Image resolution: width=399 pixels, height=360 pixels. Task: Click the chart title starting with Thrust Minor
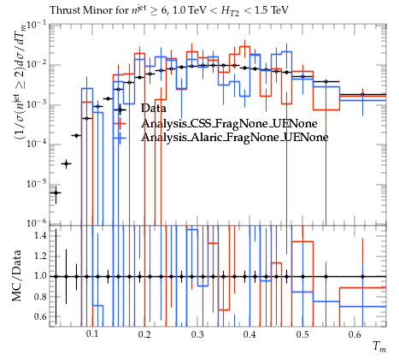click(169, 11)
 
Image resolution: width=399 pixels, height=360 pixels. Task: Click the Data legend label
click(153, 109)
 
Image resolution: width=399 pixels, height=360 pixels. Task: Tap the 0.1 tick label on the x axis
click(91, 334)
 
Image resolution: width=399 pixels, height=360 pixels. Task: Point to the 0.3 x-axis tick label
click(197, 334)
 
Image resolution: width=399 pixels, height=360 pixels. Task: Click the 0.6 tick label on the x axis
click(355, 334)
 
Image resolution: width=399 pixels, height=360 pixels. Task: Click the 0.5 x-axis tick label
click(302, 334)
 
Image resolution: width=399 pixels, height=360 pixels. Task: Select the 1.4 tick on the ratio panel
click(40, 236)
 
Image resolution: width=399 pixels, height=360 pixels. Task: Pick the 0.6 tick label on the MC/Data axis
click(40, 316)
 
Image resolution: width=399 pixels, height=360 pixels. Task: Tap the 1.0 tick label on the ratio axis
click(40, 276)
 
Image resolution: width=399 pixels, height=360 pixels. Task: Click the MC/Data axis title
click(16, 276)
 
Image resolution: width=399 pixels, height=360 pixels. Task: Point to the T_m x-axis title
click(379, 346)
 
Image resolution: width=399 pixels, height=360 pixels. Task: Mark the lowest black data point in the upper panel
click(56, 193)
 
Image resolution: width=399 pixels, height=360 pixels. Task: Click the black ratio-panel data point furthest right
click(362, 276)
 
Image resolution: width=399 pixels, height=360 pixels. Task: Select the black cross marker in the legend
click(120, 109)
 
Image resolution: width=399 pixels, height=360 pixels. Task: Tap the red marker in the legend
click(120, 123)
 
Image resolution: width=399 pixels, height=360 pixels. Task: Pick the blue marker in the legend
click(120, 138)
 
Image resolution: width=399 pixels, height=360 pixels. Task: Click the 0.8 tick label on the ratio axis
click(40, 297)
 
